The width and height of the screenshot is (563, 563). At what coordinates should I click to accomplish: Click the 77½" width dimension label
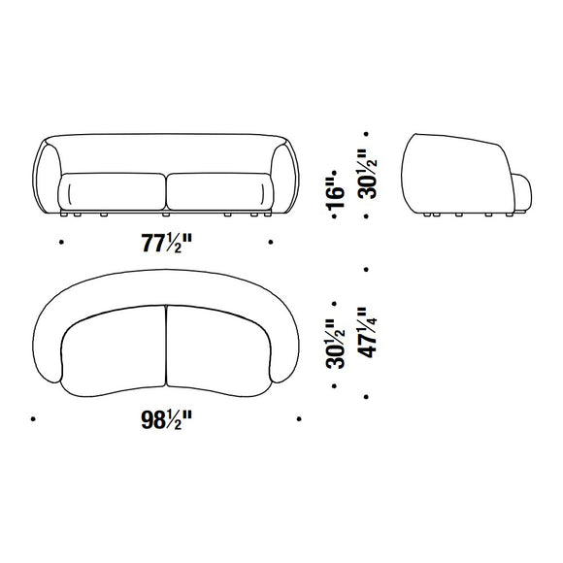[167, 243]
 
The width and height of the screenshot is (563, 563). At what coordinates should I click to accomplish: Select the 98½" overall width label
[167, 419]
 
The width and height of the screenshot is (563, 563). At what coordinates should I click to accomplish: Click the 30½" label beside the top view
[335, 344]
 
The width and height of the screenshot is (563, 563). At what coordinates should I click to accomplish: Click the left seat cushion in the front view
[112, 192]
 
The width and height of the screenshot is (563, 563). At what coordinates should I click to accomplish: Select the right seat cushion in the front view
[219, 192]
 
